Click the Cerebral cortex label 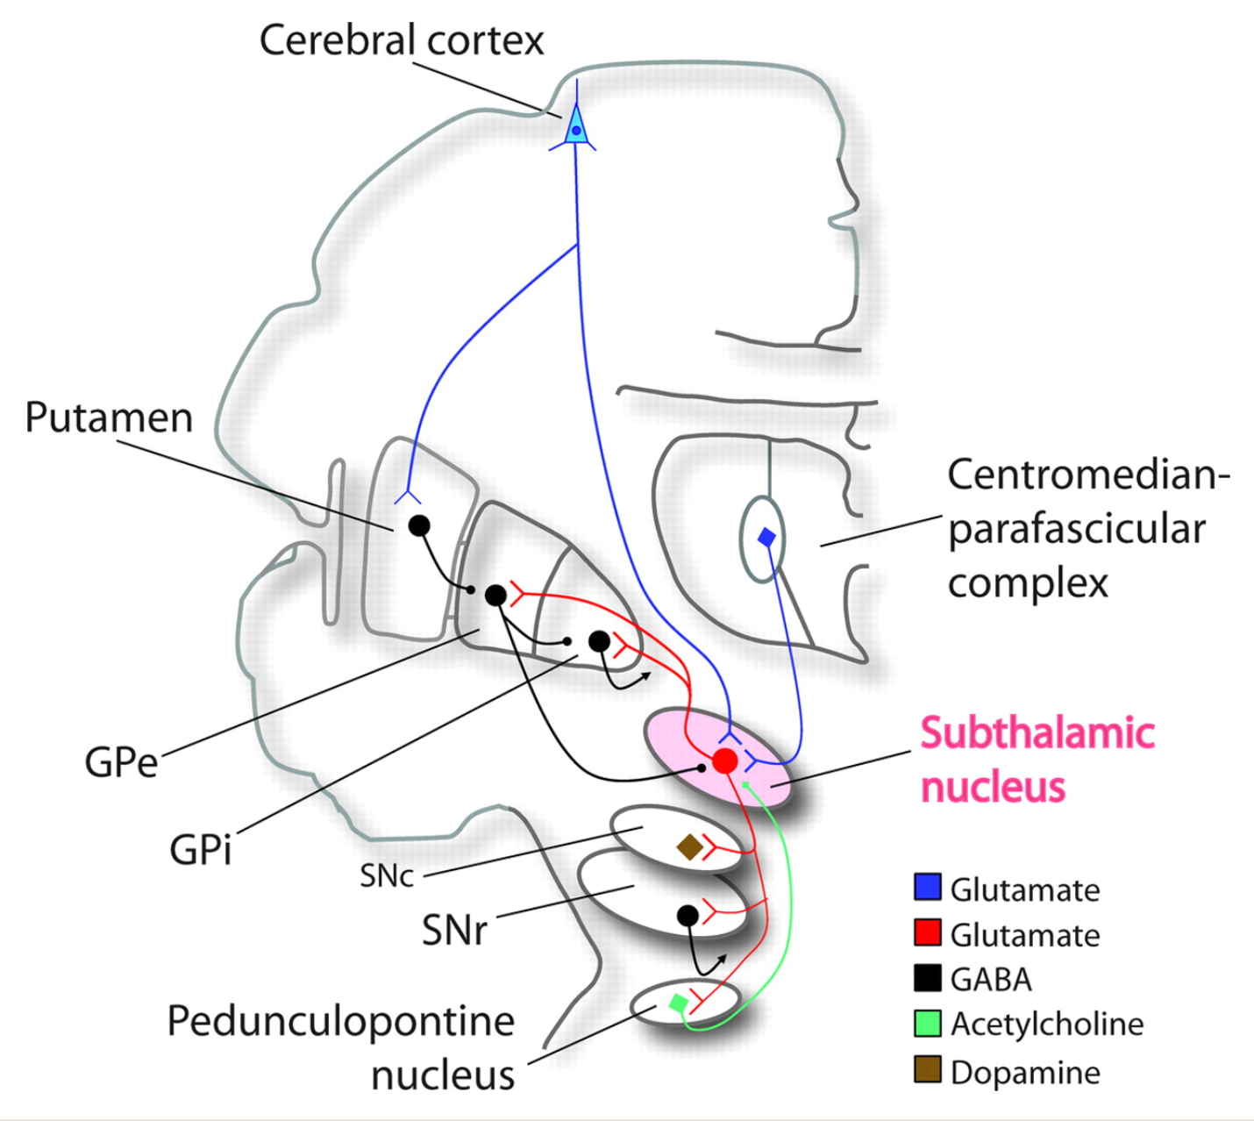pyautogui.click(x=402, y=40)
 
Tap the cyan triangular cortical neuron pyautogui.click(x=576, y=128)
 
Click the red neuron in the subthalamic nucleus pyautogui.click(x=724, y=760)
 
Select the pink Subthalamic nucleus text pyautogui.click(x=1037, y=760)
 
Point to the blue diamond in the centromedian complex pyautogui.click(x=766, y=537)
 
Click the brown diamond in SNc pyautogui.click(x=689, y=847)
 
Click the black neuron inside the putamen pyautogui.click(x=419, y=525)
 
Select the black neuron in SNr pyautogui.click(x=688, y=916)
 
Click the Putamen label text pyautogui.click(x=109, y=418)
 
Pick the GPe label pyautogui.click(x=121, y=761)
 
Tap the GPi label pyautogui.click(x=201, y=849)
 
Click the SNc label pyautogui.click(x=386, y=875)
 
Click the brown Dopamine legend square pyautogui.click(x=927, y=1070)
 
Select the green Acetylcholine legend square pyautogui.click(x=927, y=1023)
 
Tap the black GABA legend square pyautogui.click(x=927, y=978)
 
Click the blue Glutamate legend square pyautogui.click(x=927, y=887)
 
